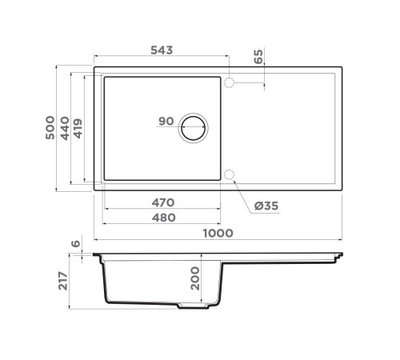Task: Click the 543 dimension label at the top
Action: pos(161,49)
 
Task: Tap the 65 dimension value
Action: pos(258,58)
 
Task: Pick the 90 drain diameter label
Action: pos(166,122)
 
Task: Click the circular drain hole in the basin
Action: pos(194,128)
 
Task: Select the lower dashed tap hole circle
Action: pos(230,175)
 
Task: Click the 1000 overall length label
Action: pos(218,233)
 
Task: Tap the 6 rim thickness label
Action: pos(75,245)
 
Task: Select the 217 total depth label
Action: pos(64,282)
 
